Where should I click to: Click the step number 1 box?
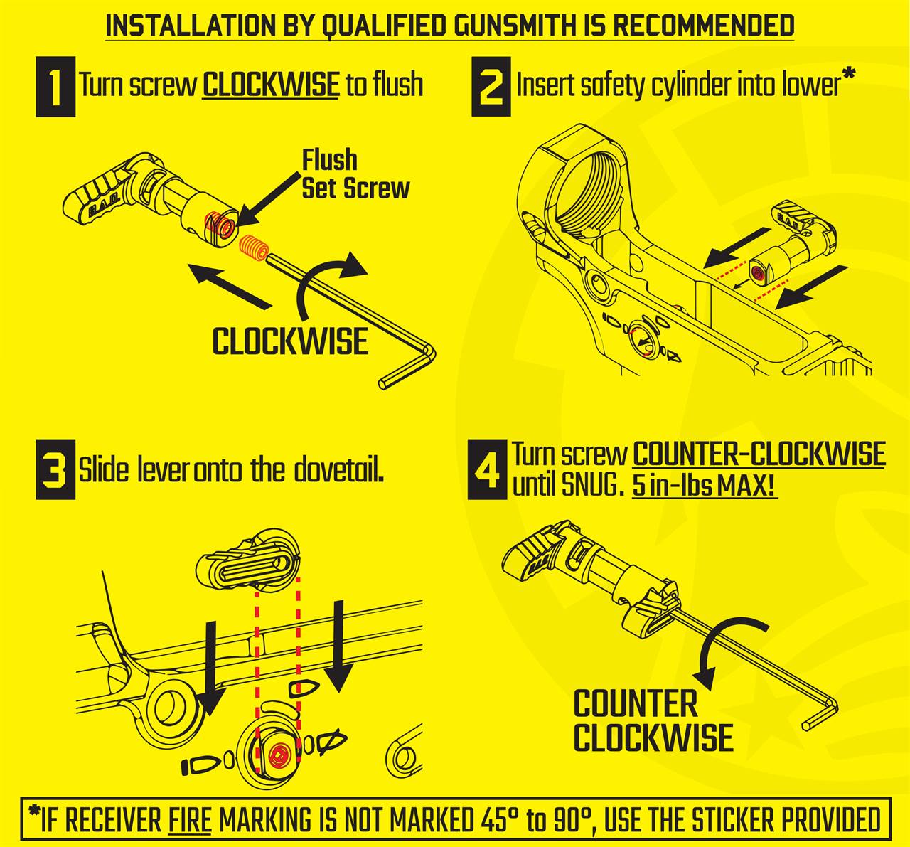coord(55,87)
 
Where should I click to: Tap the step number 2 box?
coord(491,87)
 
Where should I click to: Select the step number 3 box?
coord(55,469)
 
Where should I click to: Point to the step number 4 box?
coord(487,469)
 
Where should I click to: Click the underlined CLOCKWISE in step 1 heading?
coord(270,85)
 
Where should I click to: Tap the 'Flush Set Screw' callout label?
coord(355,174)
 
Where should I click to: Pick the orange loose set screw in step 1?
coord(253,247)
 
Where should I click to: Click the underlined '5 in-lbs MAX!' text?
coord(705,486)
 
